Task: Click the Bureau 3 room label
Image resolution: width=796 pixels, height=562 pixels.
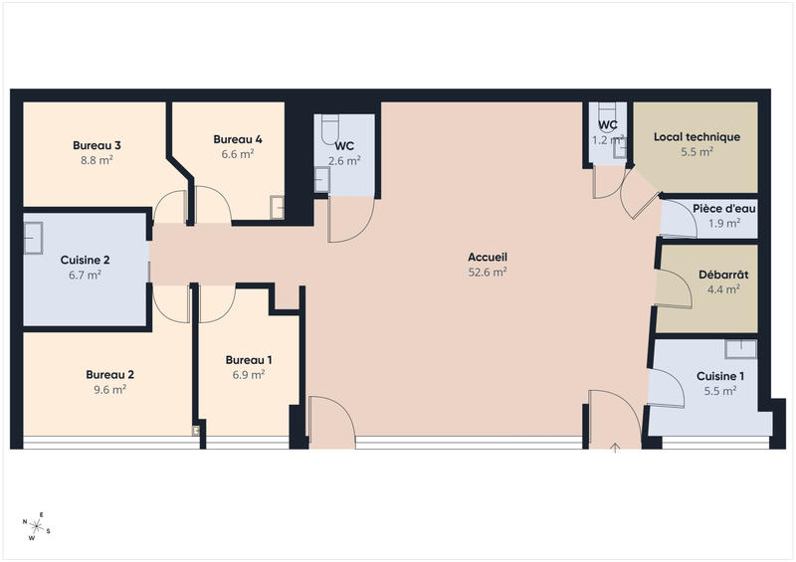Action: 97,145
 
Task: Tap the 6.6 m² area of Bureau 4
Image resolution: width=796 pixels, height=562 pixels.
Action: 238,154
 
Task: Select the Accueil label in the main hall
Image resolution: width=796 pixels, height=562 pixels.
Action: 488,257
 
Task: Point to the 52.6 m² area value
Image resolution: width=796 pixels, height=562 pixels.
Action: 488,273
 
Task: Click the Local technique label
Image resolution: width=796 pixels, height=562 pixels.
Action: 697,137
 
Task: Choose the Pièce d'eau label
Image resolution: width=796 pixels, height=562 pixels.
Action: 724,209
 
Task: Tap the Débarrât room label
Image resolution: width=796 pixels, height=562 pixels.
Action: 723,275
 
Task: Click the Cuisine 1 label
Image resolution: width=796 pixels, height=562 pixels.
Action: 720,376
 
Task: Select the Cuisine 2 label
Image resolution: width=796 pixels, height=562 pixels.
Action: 85,260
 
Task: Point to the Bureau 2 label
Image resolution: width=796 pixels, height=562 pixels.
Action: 109,375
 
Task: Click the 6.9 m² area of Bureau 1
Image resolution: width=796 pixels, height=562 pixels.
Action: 248,375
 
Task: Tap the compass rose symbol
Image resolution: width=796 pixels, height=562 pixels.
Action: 36,526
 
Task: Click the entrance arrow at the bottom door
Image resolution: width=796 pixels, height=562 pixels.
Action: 615,448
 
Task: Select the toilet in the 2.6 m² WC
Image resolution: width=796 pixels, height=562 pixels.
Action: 330,129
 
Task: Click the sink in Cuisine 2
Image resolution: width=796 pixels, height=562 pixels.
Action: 33,238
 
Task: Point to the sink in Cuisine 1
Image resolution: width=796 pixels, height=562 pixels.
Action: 740,349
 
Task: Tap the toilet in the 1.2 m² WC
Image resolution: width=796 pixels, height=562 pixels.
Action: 607,111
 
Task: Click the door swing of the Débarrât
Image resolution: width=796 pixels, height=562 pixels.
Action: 674,288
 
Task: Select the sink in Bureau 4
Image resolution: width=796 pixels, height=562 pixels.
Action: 278,207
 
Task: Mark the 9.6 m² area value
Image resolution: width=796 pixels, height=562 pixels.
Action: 109,390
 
